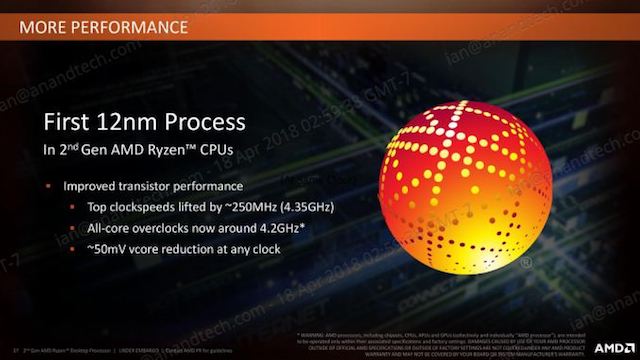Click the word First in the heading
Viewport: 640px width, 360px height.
pos(70,123)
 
